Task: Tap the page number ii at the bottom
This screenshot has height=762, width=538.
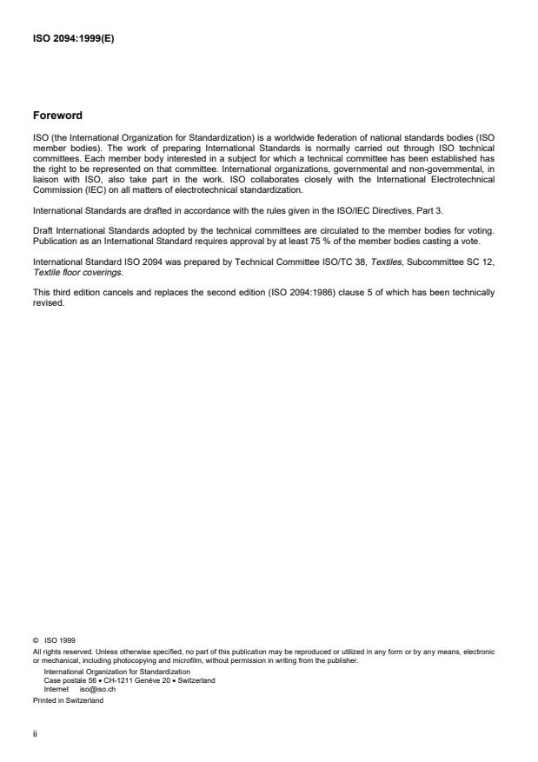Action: [35, 732]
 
